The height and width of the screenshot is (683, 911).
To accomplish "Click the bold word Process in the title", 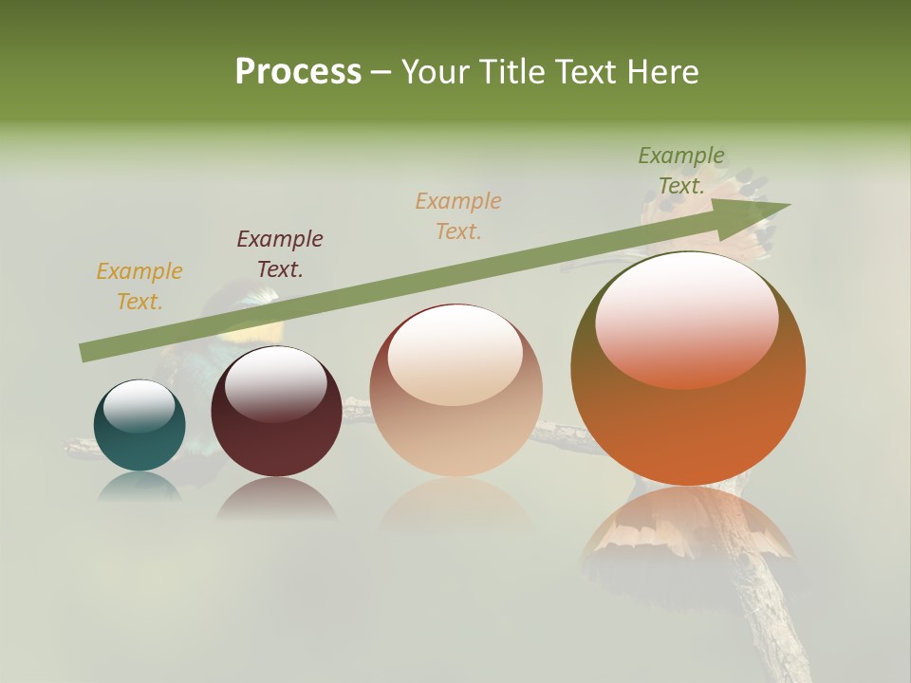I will (x=298, y=72).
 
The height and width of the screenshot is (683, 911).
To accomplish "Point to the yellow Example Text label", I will (x=139, y=286).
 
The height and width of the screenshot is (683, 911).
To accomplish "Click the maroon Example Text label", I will (x=280, y=254).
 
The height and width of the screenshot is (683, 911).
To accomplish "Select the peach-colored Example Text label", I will (x=458, y=215).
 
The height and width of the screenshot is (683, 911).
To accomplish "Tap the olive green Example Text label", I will (x=681, y=171).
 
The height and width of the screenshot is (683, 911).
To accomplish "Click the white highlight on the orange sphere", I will (x=687, y=318).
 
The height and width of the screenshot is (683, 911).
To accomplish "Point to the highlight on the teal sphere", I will (x=139, y=406).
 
